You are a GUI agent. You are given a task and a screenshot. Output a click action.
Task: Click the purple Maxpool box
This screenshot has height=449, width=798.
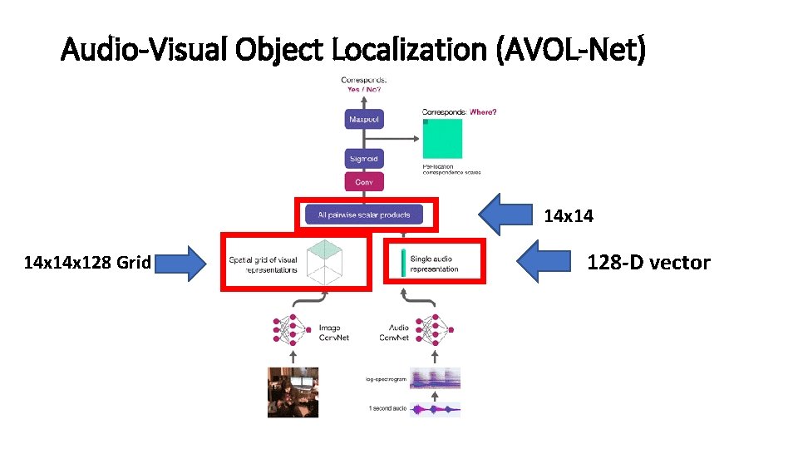click(364, 120)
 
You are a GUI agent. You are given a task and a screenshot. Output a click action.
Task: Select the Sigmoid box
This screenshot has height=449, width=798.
click(364, 159)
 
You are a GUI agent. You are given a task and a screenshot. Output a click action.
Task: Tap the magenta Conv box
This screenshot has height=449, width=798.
click(364, 182)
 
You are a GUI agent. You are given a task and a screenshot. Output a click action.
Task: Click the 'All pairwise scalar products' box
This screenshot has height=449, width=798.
click(364, 215)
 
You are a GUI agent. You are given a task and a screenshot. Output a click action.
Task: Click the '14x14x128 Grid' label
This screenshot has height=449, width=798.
click(87, 263)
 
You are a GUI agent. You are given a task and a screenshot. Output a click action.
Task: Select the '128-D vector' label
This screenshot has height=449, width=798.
click(648, 263)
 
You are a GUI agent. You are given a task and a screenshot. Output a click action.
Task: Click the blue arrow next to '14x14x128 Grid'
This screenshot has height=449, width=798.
click(181, 263)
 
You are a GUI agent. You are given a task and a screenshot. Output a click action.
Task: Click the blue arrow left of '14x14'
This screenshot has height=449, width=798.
click(508, 215)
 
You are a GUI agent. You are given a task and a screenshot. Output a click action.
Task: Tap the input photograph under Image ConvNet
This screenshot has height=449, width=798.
click(293, 392)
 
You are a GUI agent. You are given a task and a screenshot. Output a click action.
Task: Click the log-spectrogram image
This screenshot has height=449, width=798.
click(435, 378)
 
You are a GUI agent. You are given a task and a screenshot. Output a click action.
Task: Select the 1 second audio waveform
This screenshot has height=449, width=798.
click(435, 408)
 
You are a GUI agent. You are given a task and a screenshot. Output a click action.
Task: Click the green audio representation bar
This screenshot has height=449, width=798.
click(402, 263)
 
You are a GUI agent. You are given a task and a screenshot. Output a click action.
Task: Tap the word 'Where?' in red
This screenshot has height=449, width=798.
click(483, 111)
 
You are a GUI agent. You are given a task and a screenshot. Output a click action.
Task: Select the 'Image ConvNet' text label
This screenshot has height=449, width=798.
click(335, 333)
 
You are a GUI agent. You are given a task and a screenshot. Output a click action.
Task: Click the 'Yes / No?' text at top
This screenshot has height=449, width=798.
click(364, 90)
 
